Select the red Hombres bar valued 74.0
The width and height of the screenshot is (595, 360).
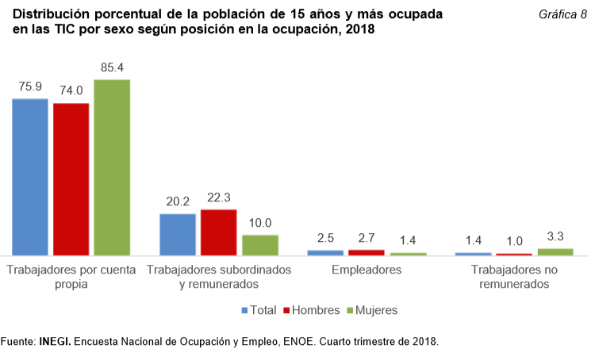click(71, 179)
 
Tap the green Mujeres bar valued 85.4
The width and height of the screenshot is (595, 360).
click(112, 167)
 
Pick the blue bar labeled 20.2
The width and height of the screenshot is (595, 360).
click(178, 235)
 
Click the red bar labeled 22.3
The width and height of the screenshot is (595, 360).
click(219, 232)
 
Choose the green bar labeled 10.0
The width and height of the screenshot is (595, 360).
click(260, 245)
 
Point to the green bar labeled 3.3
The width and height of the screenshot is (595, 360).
click(555, 252)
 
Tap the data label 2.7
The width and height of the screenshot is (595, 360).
click(367, 238)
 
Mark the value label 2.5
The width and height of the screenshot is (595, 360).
click(325, 239)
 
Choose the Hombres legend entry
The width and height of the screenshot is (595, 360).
click(314, 309)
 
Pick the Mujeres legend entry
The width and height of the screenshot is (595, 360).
click(372, 309)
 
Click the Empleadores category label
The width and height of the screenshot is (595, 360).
click(367, 270)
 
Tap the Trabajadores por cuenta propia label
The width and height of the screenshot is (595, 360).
click(71, 277)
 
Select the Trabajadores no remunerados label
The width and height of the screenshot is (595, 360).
click(514, 277)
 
